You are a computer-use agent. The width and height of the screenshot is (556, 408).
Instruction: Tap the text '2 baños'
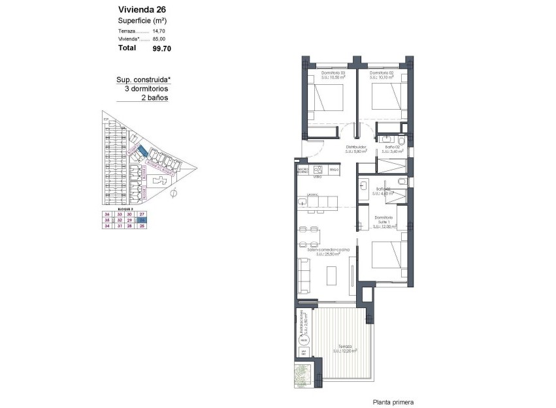(x=155, y=97)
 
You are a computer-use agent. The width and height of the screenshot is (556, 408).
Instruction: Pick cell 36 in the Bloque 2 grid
(x=106, y=214)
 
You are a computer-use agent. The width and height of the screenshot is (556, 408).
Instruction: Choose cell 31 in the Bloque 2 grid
(x=118, y=227)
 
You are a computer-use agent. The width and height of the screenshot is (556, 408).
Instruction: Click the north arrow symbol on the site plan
(x=174, y=194)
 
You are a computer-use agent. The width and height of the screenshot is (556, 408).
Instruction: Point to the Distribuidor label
(x=356, y=147)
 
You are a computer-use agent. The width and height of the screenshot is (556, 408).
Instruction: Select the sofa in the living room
(x=304, y=275)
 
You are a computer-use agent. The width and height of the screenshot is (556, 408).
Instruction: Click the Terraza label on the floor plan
(x=344, y=346)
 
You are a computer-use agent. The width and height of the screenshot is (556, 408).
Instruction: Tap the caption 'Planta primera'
(x=393, y=403)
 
